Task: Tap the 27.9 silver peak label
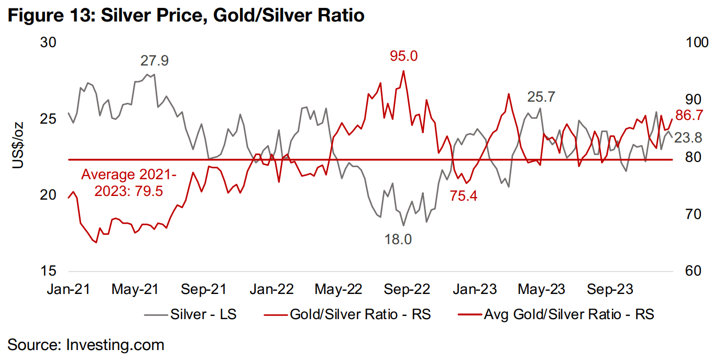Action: (154, 61)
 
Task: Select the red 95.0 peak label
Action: (403, 56)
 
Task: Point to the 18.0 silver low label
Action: (398, 240)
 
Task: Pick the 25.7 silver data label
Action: (541, 97)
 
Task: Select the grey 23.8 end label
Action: (688, 138)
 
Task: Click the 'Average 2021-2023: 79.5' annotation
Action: (128, 182)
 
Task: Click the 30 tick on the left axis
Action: (48, 42)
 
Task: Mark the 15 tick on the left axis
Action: (48, 271)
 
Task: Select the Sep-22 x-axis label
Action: (407, 289)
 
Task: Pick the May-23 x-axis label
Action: (542, 289)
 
